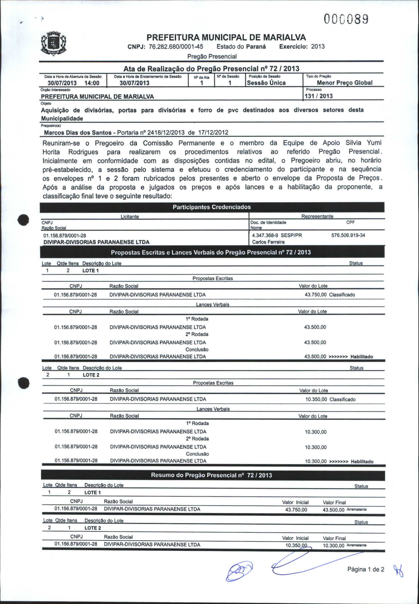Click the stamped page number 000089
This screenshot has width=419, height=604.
[346, 20]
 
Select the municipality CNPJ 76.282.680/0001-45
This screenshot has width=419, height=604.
[176, 47]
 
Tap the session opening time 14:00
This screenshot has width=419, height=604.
[92, 83]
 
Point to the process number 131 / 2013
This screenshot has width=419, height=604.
[319, 96]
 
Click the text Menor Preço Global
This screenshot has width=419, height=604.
[344, 83]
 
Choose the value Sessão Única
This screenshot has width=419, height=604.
[266, 83]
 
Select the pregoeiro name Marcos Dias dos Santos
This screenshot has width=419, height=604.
[78, 133]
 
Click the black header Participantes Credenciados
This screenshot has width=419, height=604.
[212, 207]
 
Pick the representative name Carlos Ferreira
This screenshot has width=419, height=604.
[268, 242]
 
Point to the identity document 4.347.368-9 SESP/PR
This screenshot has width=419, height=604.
[277, 235]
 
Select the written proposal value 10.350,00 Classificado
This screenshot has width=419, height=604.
[330, 400]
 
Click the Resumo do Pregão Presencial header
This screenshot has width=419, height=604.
[212, 475]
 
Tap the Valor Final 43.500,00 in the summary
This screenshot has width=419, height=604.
[334, 510]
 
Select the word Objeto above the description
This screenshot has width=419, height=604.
[46, 103]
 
